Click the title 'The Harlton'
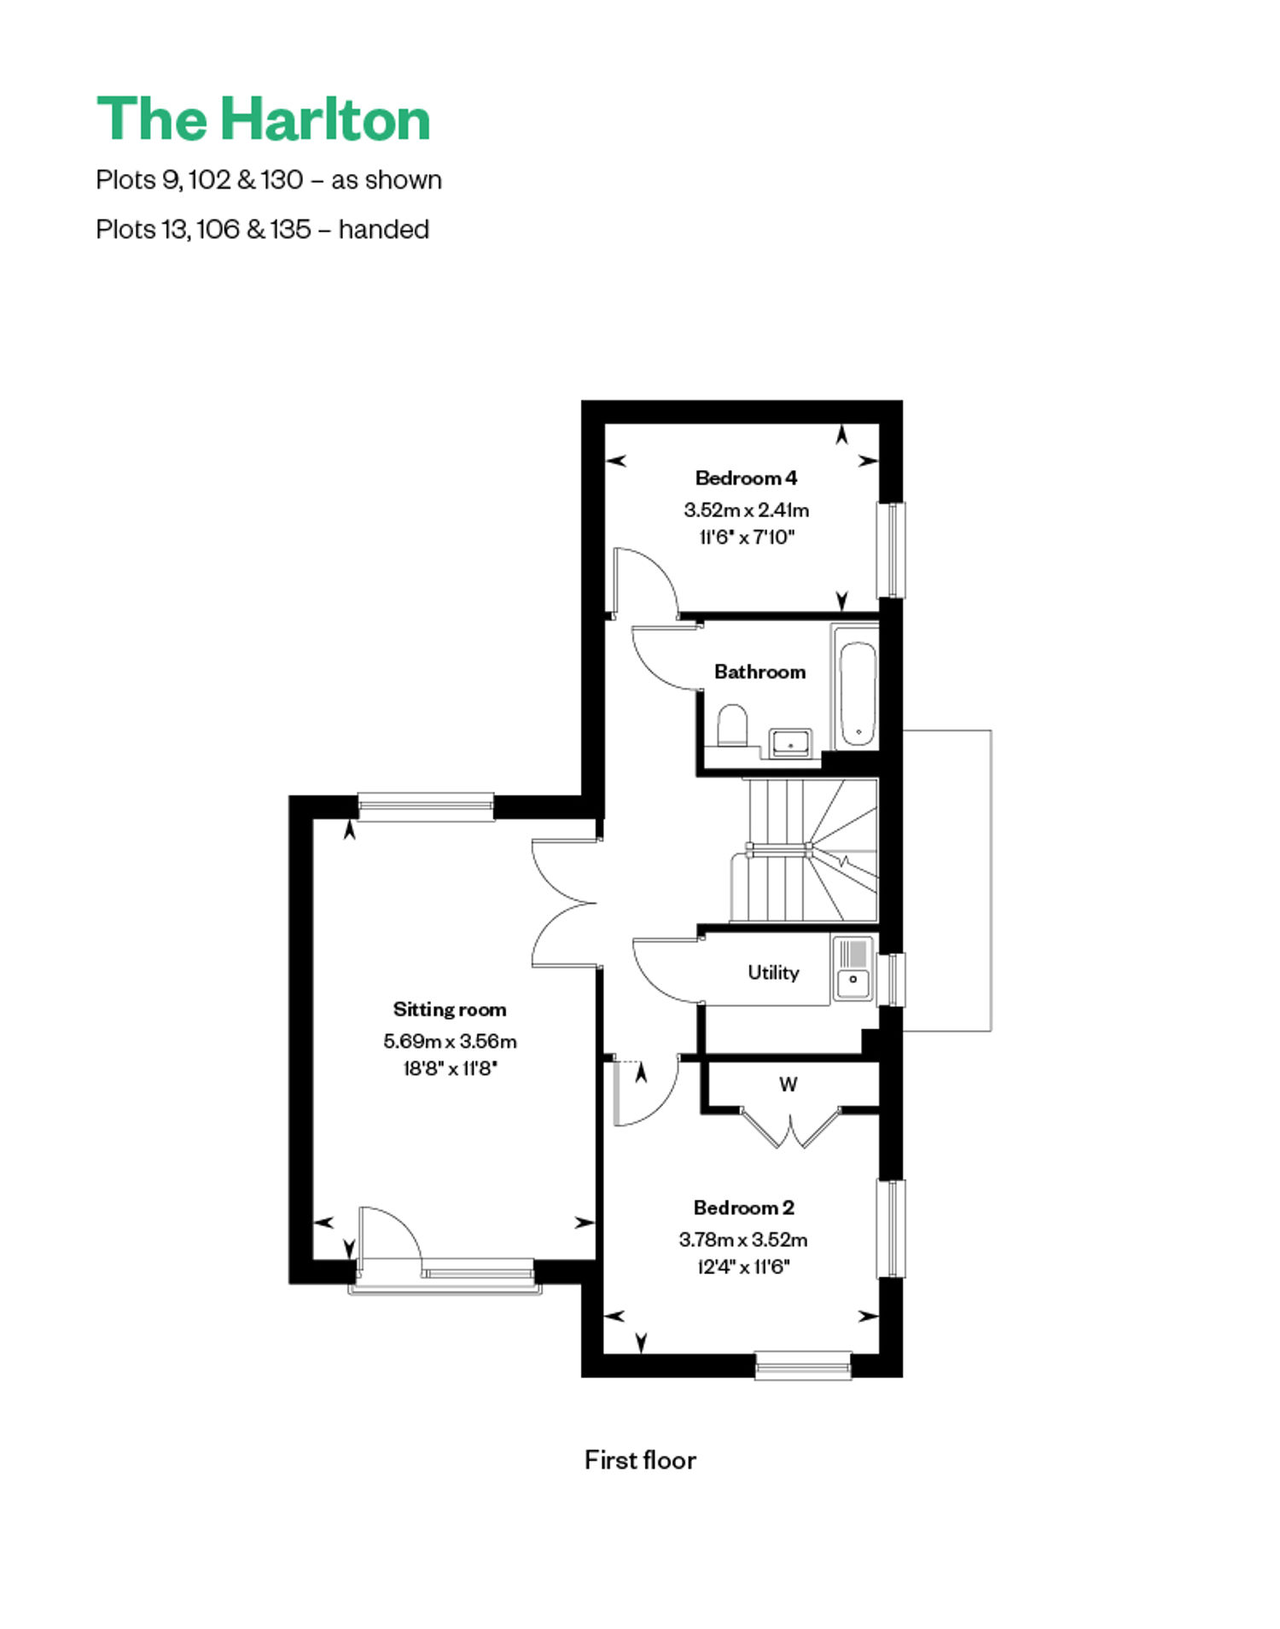pyautogui.click(x=264, y=119)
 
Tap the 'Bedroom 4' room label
pyautogui.click(x=746, y=478)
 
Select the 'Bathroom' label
pyautogui.click(x=759, y=672)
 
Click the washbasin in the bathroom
pyautogui.click(x=791, y=742)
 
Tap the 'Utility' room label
pyautogui.click(x=773, y=972)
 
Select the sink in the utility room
pyautogui.click(x=852, y=968)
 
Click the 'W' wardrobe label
pyautogui.click(x=788, y=1085)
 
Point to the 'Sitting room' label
pyautogui.click(x=450, y=1009)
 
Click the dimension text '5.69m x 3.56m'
pyautogui.click(x=450, y=1041)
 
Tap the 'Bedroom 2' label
pyautogui.click(x=743, y=1207)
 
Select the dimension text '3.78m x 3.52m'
pyautogui.click(x=743, y=1239)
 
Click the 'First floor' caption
pyautogui.click(x=640, y=1460)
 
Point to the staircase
pyautogui.click(x=805, y=850)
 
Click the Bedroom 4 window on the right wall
pyautogui.click(x=891, y=550)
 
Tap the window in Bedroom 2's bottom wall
pyautogui.click(x=803, y=1364)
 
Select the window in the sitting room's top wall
pyautogui.click(x=426, y=806)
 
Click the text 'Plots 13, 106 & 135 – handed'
pyautogui.click(x=262, y=230)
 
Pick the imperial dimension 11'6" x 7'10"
pyautogui.click(x=747, y=537)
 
